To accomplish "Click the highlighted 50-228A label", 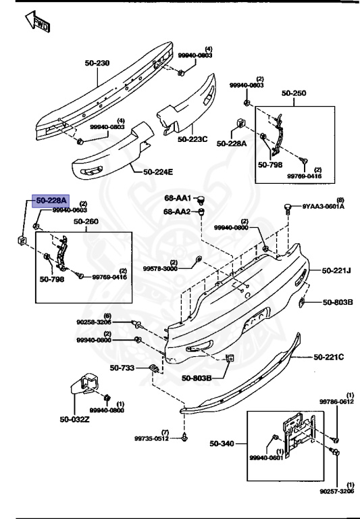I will point(51,201).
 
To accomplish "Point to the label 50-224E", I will point(157,172).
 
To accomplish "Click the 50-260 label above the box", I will point(86,221).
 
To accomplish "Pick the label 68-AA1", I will point(178,199).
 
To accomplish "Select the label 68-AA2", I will point(178,211).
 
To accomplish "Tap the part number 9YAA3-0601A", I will point(323,207).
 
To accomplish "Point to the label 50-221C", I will point(328,356).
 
